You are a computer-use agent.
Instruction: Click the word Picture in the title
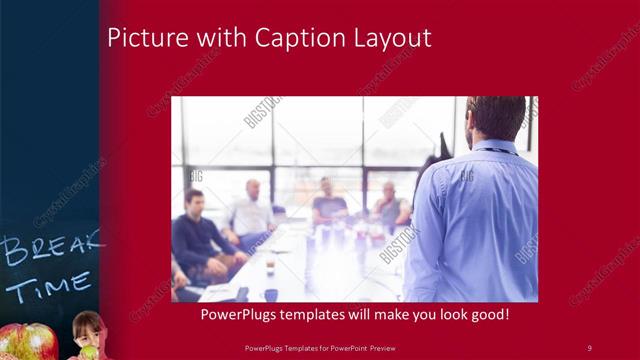click(142, 39)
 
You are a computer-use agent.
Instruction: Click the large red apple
click(25, 342)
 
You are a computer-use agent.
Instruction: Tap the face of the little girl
click(87, 328)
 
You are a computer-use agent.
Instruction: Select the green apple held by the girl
click(87, 351)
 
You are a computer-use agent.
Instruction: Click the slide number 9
click(589, 347)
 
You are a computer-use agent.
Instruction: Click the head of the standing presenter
click(496, 118)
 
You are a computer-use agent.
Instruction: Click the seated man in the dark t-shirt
click(327, 206)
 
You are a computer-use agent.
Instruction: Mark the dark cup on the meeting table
click(271, 295)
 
